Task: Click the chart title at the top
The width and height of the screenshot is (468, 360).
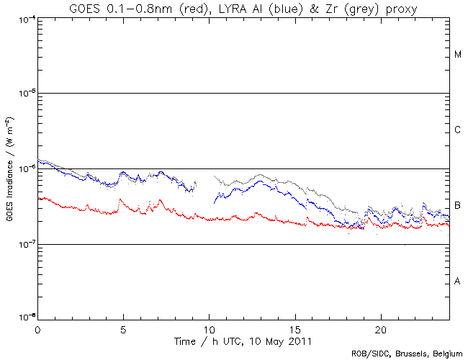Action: (x=243, y=8)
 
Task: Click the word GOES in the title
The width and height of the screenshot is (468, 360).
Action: (x=86, y=8)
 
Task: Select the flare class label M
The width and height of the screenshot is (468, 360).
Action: (x=458, y=55)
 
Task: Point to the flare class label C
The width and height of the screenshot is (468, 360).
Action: (x=458, y=130)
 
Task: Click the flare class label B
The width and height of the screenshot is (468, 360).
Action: (x=458, y=206)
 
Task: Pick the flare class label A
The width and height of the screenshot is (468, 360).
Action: (x=458, y=282)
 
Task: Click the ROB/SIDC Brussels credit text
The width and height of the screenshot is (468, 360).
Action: (x=408, y=354)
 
